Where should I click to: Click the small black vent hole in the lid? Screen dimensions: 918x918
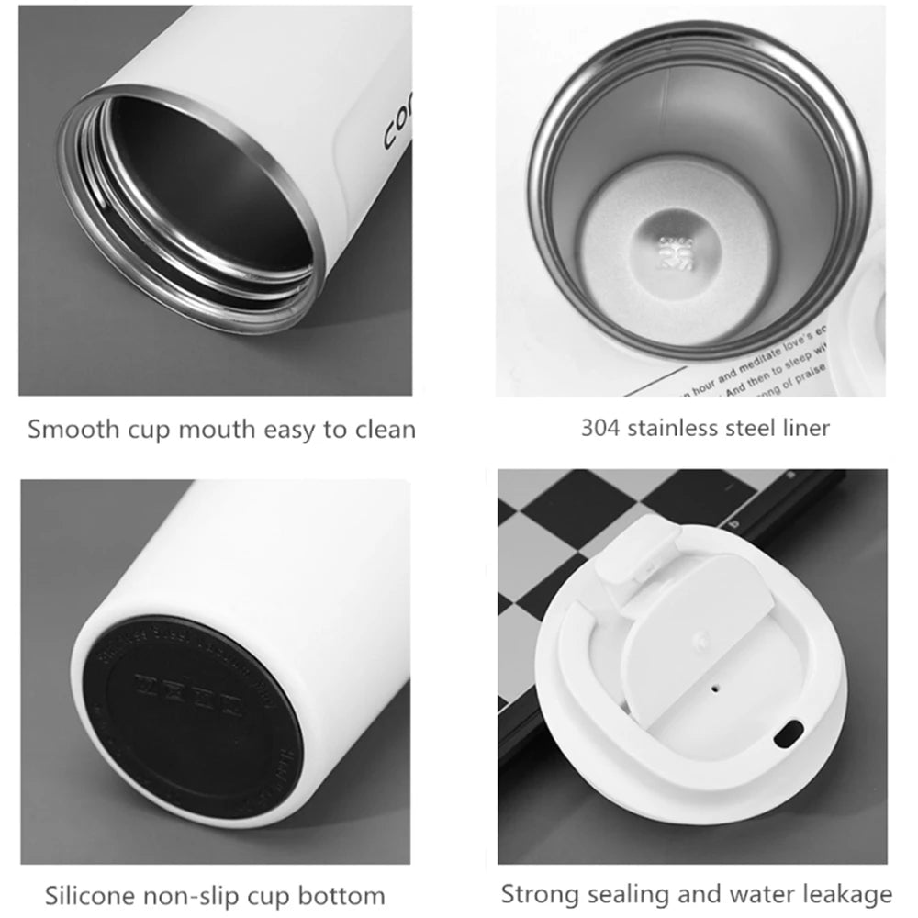pyautogui.click(x=714, y=684)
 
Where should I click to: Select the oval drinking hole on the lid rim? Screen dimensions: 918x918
pyautogui.click(x=788, y=733)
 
